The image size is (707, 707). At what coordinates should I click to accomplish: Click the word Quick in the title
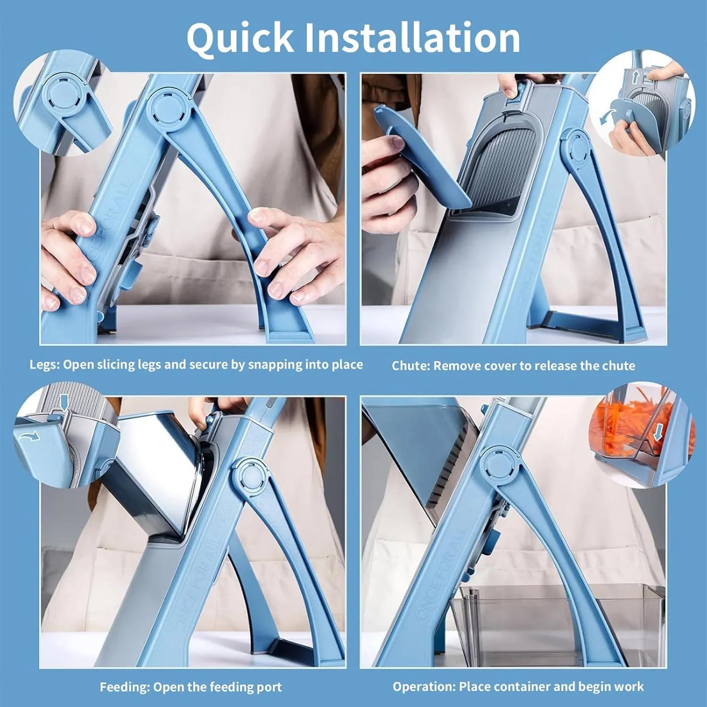click(240, 37)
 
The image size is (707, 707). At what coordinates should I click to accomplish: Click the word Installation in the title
click(413, 37)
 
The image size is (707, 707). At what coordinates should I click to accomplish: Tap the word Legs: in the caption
click(44, 365)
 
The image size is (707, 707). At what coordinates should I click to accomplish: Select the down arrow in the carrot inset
click(658, 432)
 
